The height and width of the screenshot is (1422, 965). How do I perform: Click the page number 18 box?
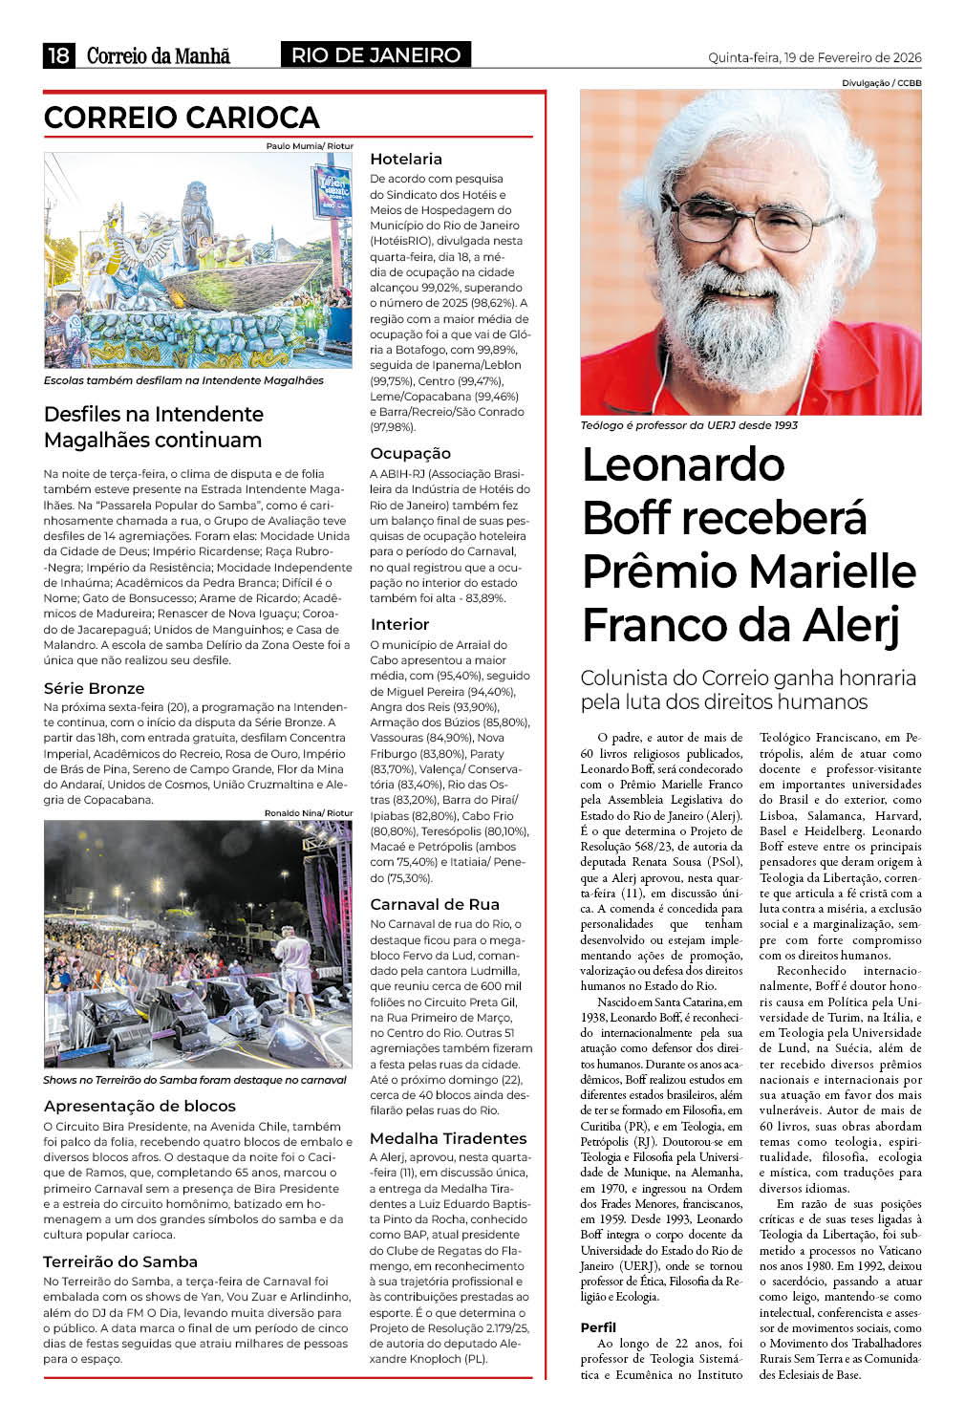59,55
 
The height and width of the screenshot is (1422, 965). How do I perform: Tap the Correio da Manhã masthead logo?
159,55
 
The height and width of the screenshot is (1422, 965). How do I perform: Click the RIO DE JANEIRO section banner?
375,55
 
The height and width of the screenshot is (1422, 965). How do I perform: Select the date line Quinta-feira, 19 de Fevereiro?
814,57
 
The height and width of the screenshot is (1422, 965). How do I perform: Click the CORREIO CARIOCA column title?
182,118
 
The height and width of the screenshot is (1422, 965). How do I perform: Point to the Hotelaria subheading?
406,159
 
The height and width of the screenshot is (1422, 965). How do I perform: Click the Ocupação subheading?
410,453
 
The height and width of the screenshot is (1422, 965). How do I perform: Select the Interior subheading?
399,624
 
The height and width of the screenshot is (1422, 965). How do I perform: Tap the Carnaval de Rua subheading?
434,904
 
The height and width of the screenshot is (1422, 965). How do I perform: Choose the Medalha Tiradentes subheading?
448,1138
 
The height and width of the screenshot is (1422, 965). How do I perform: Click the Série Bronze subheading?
94,688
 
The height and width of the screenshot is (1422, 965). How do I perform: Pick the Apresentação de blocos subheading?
139,1106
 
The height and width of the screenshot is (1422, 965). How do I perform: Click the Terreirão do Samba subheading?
120,1261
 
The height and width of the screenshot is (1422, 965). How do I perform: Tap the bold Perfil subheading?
598,1327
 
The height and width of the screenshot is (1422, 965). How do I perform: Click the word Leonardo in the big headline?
683,465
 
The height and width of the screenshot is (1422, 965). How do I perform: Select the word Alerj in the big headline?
850,626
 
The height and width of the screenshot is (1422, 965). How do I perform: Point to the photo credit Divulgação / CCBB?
881,83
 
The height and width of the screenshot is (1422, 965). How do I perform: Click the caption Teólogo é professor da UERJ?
688,425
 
